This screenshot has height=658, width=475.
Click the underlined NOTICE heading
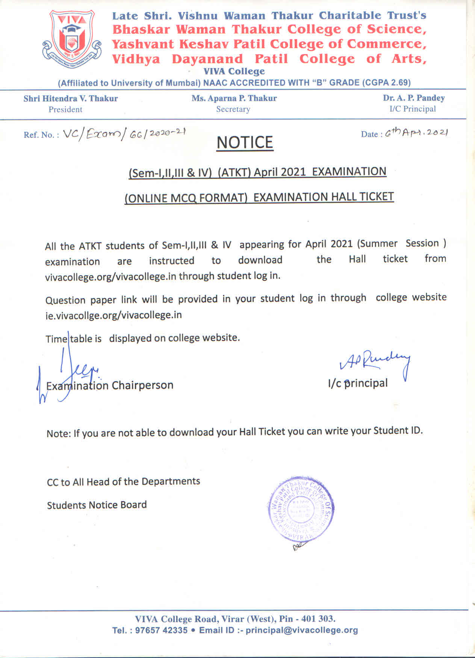point(245,143)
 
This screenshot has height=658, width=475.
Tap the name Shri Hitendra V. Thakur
point(71,99)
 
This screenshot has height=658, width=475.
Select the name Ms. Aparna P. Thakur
point(234,98)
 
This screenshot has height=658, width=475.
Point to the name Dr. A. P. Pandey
point(414,98)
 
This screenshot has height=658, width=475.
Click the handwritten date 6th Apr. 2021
point(416,133)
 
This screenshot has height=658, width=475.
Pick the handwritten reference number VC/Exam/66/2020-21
point(124,134)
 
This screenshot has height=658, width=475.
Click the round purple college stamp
point(301,510)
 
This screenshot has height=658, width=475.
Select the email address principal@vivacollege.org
point(301,630)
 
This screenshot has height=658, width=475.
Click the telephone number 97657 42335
point(161,630)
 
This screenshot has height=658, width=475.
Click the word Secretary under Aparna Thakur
point(233,109)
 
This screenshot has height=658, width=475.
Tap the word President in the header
point(65,110)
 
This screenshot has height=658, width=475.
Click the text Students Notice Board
point(97,505)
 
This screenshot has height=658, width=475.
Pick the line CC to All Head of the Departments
point(123,482)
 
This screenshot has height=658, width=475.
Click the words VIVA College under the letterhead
point(234,71)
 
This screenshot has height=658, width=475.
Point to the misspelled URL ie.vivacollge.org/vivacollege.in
point(113,315)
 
